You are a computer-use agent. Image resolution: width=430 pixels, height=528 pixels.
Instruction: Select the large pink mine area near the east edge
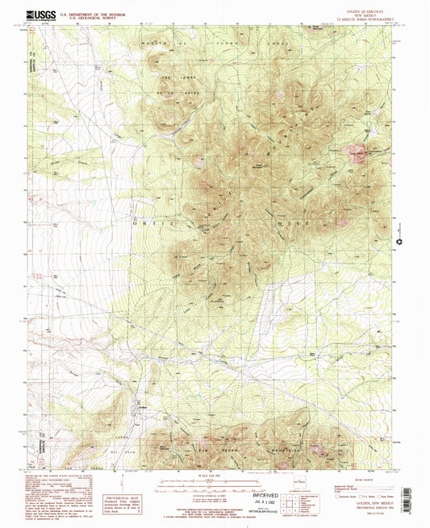(357, 151)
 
